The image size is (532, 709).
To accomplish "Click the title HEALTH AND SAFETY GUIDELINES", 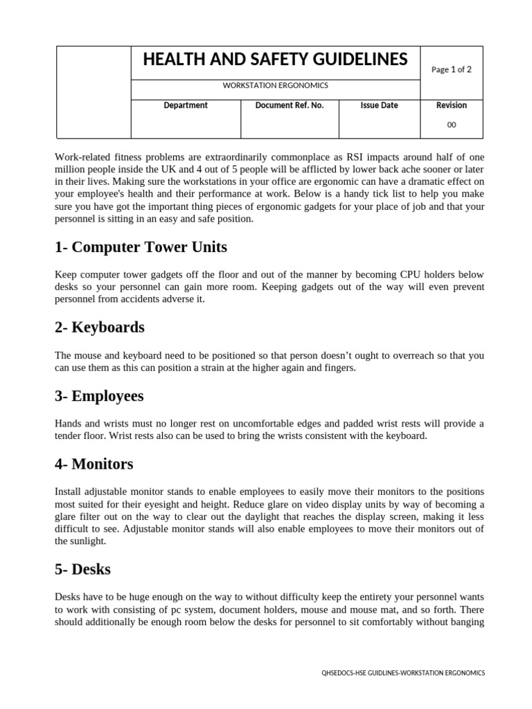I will click(x=275, y=60).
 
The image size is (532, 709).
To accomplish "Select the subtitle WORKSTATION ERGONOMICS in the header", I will click(x=275, y=86).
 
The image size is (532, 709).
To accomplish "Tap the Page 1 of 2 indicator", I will click(x=451, y=69).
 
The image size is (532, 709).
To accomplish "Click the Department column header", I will click(x=185, y=105).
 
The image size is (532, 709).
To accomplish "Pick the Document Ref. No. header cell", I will click(x=290, y=105).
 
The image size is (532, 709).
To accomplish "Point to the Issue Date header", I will click(x=379, y=105).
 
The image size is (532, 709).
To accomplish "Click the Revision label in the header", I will click(x=451, y=105).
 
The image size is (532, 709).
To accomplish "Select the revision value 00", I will click(x=451, y=125).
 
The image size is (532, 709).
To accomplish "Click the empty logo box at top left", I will click(x=93, y=92).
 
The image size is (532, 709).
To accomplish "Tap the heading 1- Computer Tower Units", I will click(x=141, y=247).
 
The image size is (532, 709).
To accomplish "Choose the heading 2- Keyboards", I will click(x=100, y=327).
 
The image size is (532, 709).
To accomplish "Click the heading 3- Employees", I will click(x=99, y=396).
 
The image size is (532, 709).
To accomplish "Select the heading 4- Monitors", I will click(x=94, y=464).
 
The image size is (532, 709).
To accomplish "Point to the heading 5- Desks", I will click(x=82, y=569).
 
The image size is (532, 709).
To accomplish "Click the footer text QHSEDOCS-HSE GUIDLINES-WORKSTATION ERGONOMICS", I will click(x=403, y=672).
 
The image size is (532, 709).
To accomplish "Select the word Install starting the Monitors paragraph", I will click(x=68, y=492).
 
